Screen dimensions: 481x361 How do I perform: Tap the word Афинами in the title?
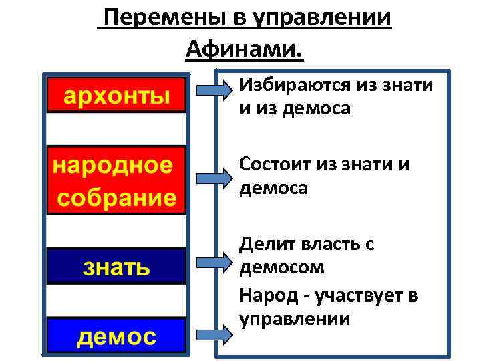[x=243, y=49]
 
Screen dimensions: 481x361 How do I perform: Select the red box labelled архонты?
[x=116, y=96]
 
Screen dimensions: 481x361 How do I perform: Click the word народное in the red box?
[x=113, y=165]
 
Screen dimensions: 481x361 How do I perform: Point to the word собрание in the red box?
[x=116, y=197]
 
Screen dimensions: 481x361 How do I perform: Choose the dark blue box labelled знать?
[x=116, y=267]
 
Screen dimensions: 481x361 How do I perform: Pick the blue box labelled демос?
[x=116, y=336]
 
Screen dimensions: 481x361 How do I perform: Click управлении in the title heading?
[x=323, y=18]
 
